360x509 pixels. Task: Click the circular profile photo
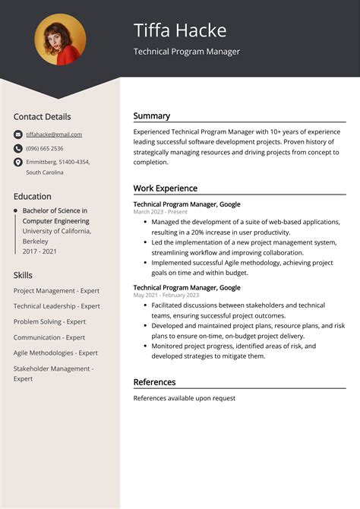click(x=60, y=40)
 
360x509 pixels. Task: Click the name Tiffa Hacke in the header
click(x=180, y=30)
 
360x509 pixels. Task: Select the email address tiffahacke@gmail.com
click(x=54, y=134)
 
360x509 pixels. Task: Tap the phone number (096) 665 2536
click(x=45, y=148)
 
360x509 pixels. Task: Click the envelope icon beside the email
click(x=17, y=134)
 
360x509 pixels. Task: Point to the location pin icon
click(x=17, y=162)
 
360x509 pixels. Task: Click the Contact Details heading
click(x=42, y=117)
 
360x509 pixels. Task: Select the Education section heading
click(x=32, y=196)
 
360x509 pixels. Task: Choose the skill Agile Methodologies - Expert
click(x=55, y=353)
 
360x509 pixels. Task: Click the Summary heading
click(x=152, y=116)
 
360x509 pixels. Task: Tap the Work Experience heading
click(x=166, y=188)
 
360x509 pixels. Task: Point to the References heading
click(x=154, y=382)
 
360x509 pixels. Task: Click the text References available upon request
click(x=185, y=398)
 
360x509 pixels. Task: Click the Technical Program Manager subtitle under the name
click(x=187, y=52)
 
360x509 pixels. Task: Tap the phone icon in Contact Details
click(x=17, y=148)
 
